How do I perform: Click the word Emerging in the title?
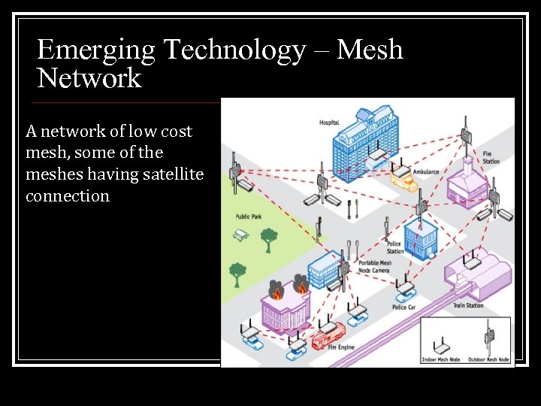tap(96, 50)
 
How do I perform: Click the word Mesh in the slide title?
tap(370, 50)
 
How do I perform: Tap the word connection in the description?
tap(68, 196)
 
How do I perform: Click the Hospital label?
tap(329, 123)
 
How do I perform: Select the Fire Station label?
tap(491, 158)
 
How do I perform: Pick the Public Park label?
tap(248, 217)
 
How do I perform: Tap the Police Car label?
tap(404, 307)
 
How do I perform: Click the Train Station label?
tap(469, 306)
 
